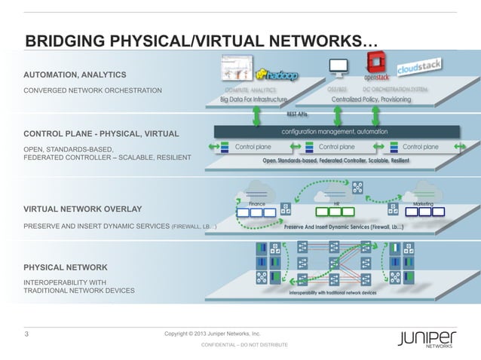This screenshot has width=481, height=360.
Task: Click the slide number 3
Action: tap(28, 334)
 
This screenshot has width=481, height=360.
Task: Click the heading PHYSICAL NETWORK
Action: tap(66, 267)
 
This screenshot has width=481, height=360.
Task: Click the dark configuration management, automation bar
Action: tap(335, 131)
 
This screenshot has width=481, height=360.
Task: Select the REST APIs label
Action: tap(297, 114)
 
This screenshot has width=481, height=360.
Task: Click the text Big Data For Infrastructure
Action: tap(253, 99)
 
